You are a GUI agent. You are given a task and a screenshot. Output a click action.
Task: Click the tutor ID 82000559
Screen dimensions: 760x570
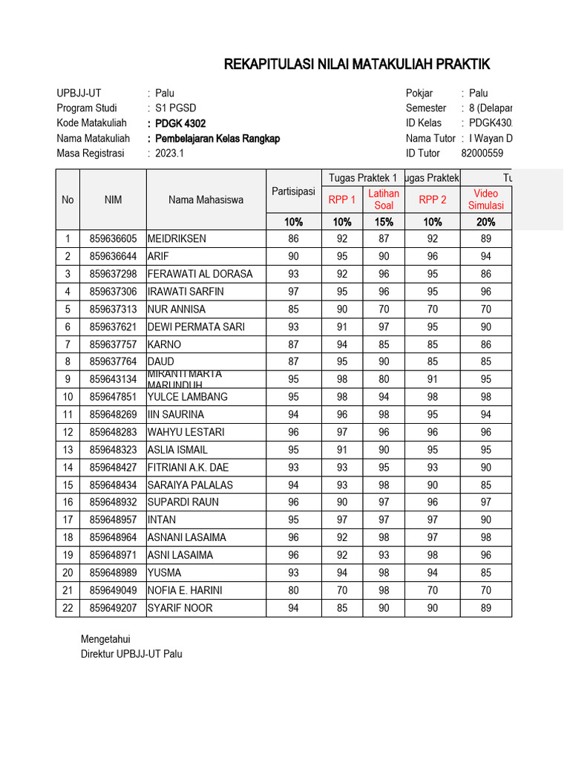482,154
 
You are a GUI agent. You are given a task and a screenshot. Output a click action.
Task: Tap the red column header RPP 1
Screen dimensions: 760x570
342,200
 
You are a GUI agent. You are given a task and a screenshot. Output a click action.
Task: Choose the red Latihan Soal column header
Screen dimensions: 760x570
384,199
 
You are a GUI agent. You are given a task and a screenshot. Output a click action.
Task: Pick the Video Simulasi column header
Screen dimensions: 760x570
486,199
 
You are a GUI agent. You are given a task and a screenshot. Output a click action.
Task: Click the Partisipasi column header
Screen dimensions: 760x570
293,192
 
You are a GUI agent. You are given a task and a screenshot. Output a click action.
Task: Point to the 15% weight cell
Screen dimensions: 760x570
384,222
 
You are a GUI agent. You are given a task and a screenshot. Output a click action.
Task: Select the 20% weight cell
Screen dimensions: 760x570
486,222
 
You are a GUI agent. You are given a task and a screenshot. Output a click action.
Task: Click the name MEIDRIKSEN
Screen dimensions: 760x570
177,239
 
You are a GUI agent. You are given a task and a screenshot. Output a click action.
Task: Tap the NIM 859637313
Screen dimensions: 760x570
113,309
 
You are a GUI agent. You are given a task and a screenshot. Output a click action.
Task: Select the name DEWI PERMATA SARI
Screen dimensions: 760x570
196,327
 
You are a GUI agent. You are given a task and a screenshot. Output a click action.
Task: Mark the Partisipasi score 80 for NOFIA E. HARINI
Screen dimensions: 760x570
293,591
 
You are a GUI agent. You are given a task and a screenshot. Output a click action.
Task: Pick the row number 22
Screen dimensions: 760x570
68,609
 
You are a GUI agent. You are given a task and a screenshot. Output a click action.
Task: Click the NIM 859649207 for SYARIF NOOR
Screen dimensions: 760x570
113,609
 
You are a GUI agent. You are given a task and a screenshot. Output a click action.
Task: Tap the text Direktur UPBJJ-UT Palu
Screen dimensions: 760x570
131,654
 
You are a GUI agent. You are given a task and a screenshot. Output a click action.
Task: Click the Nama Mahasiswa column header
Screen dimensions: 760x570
206,200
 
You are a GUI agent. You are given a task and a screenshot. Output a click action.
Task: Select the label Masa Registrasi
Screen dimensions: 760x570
93,154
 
